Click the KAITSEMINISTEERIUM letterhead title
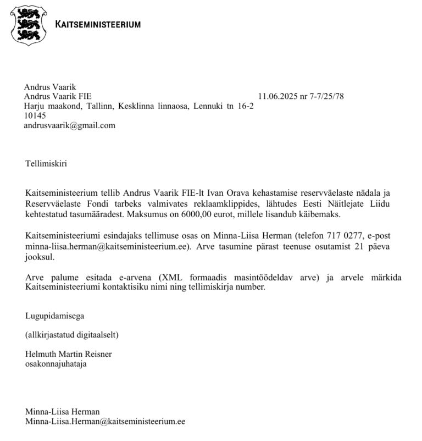click(98, 24)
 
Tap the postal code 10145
click(35, 116)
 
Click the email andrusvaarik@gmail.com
click(69, 125)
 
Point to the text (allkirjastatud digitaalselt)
click(71, 334)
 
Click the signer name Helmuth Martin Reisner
click(68, 354)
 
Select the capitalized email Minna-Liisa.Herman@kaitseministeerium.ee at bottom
click(105, 421)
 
